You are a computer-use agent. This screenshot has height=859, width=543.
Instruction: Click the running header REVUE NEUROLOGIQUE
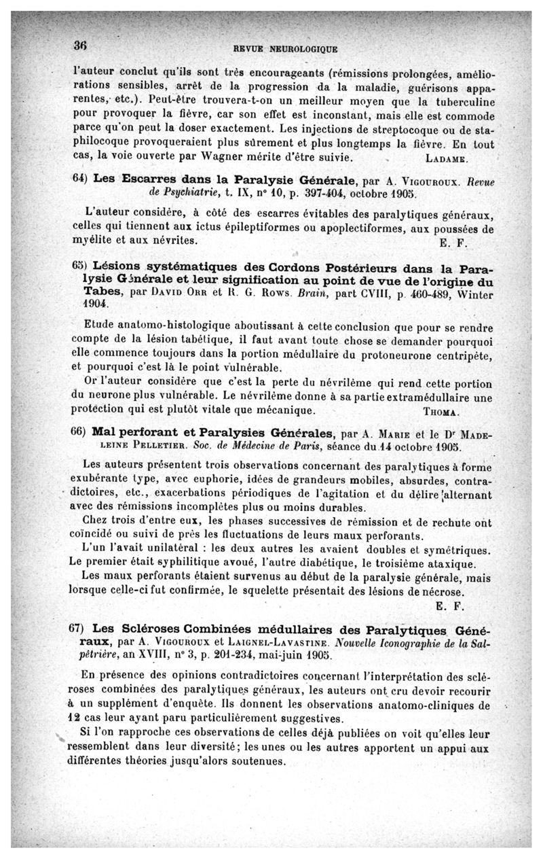(284, 49)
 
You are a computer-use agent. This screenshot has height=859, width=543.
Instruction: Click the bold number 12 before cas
(84, 720)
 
